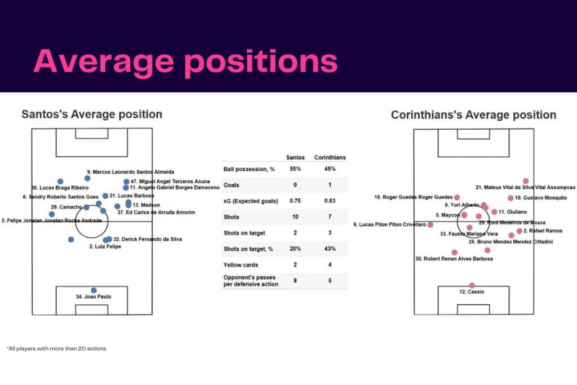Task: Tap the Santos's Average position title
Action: click(x=92, y=114)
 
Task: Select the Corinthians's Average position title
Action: click(x=473, y=115)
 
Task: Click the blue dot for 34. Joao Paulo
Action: click(x=94, y=290)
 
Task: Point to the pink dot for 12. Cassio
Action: click(x=472, y=285)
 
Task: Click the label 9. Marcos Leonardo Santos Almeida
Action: click(x=130, y=172)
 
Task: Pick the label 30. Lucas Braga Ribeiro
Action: click(x=60, y=188)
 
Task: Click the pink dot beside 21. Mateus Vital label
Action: click(x=526, y=181)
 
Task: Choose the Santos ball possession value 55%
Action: click(x=295, y=169)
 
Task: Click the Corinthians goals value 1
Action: click(x=330, y=184)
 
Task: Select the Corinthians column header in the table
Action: click(x=330, y=157)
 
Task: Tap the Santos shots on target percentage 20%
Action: click(x=295, y=249)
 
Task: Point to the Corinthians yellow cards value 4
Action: click(x=330, y=264)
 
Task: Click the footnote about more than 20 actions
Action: click(x=56, y=348)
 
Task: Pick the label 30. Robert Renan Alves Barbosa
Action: click(x=454, y=259)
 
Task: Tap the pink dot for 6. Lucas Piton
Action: click(x=430, y=224)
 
